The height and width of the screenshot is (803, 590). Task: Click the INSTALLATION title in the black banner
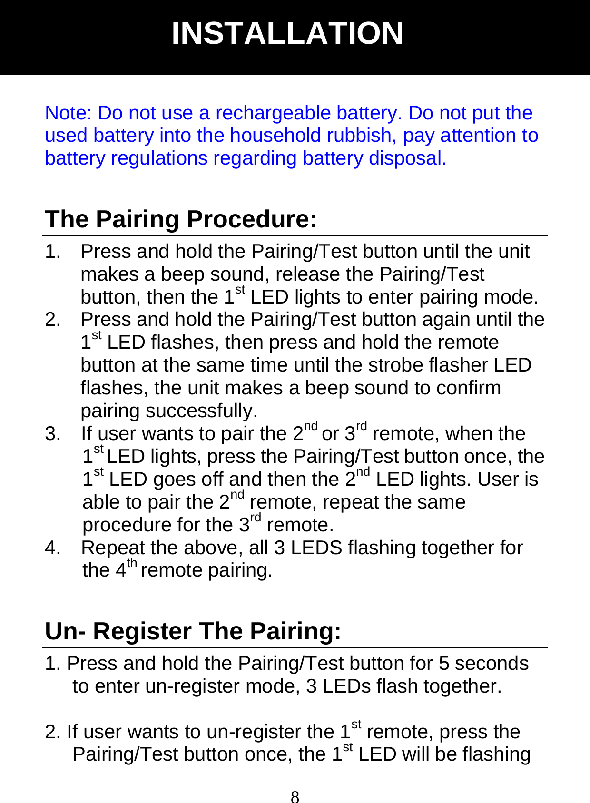tap(287, 33)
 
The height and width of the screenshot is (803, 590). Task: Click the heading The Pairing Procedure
tap(181, 219)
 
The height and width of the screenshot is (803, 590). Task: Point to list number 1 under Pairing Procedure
tap(52, 252)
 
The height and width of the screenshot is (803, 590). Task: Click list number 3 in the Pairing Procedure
tap(52, 434)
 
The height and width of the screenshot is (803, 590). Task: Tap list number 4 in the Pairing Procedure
tap(52, 548)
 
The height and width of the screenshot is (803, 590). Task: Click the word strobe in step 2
tap(396, 365)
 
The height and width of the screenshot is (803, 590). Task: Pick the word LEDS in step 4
tap(316, 548)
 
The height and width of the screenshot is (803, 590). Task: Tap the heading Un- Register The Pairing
tap(193, 631)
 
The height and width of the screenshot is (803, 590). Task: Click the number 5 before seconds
tap(444, 664)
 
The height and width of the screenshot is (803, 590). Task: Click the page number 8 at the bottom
tap(295, 796)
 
